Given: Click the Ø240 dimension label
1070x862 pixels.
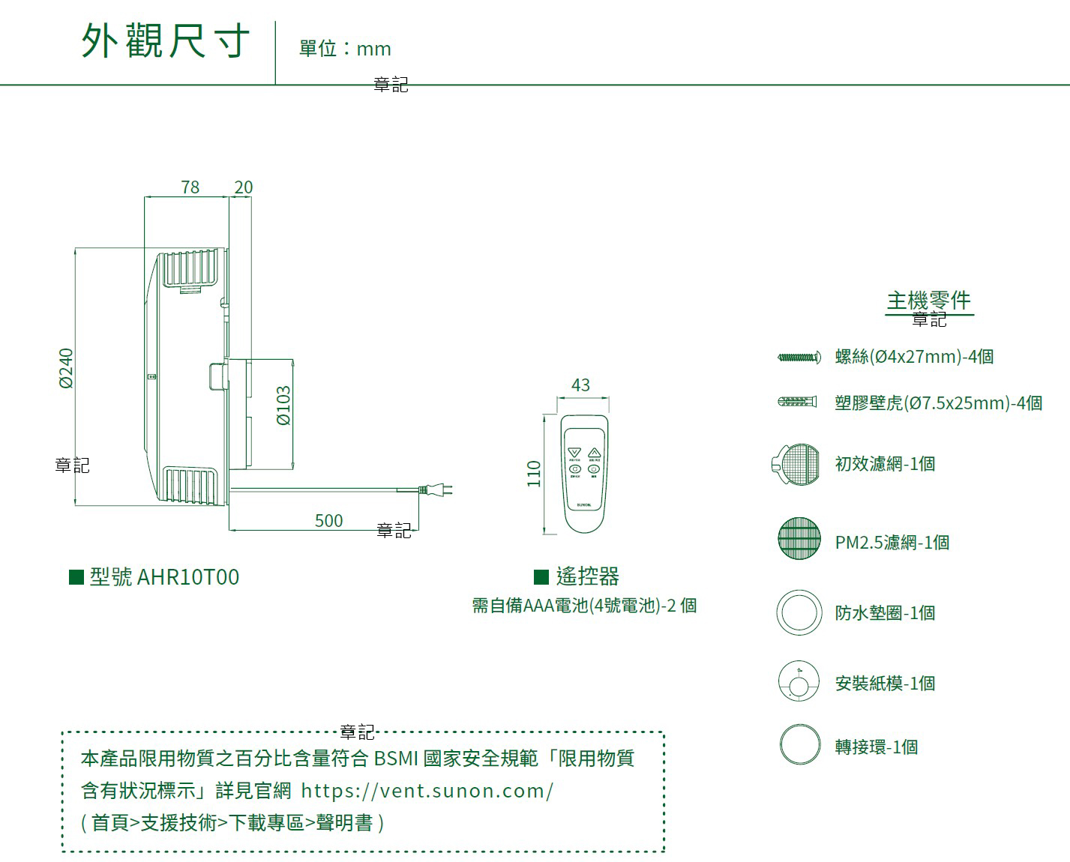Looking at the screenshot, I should [x=66, y=368].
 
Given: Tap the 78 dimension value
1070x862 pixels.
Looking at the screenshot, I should [x=190, y=187].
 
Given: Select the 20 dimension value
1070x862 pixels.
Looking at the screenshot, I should [x=244, y=187].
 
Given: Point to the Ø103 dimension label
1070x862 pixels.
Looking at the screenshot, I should [x=283, y=406].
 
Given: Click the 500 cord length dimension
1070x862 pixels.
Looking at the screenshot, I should [x=328, y=520].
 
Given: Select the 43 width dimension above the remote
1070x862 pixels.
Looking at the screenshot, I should [x=580, y=385].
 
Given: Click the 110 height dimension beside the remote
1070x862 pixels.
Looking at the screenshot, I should [x=534, y=473].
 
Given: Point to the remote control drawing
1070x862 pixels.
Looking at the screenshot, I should [x=584, y=473].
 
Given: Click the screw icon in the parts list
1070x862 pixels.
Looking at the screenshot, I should [x=799, y=358].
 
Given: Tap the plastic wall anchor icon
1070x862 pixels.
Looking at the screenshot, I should [x=797, y=403].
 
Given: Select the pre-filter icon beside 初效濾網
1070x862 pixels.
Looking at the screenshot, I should [x=796, y=465].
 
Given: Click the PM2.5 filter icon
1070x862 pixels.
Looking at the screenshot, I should [x=799, y=538].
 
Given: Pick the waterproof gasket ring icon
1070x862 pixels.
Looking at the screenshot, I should [x=799, y=612].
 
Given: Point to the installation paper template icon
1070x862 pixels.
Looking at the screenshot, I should [x=799, y=681].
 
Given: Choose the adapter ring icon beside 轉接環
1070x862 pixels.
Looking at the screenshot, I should [x=800, y=744].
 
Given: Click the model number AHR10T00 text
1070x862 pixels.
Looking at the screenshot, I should [x=188, y=576].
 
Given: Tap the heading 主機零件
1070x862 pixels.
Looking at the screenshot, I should [x=928, y=301].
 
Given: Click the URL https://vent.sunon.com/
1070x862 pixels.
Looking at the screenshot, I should [x=427, y=791].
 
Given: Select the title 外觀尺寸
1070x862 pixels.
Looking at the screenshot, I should [x=165, y=40].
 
